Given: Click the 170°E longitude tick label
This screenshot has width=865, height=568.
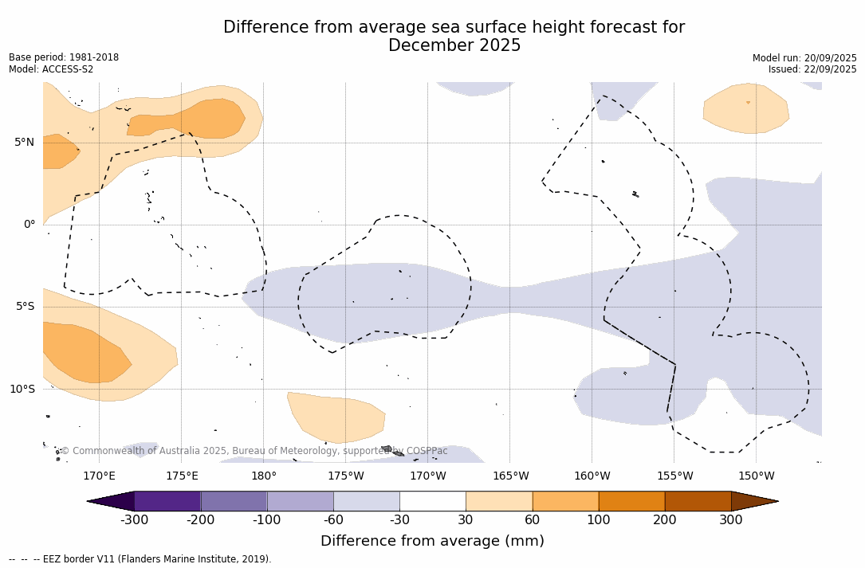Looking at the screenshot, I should click(99, 476).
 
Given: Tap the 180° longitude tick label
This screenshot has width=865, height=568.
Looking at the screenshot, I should click(264, 476).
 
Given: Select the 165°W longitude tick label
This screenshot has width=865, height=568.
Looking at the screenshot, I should click(510, 476).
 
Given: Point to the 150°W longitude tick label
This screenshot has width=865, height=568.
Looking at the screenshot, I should click(756, 476).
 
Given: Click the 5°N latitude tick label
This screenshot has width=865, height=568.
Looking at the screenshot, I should click(24, 143).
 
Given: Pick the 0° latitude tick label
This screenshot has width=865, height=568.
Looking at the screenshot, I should click(29, 225).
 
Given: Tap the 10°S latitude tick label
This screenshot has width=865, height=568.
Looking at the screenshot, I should click(22, 390).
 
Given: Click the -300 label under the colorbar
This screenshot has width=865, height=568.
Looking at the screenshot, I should click(135, 520).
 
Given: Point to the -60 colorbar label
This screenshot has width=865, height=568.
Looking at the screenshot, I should click(333, 520).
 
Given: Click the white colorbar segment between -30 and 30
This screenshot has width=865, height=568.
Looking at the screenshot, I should click(433, 501).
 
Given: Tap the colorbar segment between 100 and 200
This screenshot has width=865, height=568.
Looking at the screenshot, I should click(631, 501).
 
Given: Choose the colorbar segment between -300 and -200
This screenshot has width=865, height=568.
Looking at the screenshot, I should click(167, 501).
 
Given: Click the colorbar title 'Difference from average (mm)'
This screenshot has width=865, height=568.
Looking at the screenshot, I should click(432, 542).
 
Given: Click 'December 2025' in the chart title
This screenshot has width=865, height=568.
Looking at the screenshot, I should click(454, 46).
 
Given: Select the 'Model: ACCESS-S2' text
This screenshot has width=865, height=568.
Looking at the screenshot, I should click(51, 69).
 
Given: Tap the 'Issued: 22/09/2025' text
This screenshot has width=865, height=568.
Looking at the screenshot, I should click(812, 69).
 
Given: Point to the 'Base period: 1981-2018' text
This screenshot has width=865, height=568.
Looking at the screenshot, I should click(64, 57).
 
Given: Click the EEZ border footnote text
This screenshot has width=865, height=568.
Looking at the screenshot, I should click(140, 559).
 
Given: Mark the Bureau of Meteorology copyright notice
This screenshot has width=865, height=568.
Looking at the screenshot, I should click(254, 451).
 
